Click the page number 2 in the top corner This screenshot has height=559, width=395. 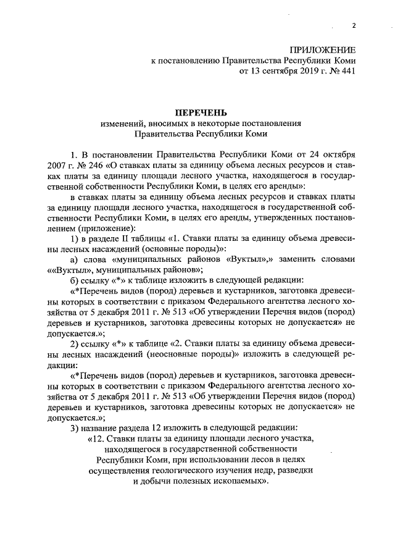[x=354, y=25]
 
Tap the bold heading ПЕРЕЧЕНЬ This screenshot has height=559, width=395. [x=198, y=112]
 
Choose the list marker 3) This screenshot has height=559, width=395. [x=74, y=427]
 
